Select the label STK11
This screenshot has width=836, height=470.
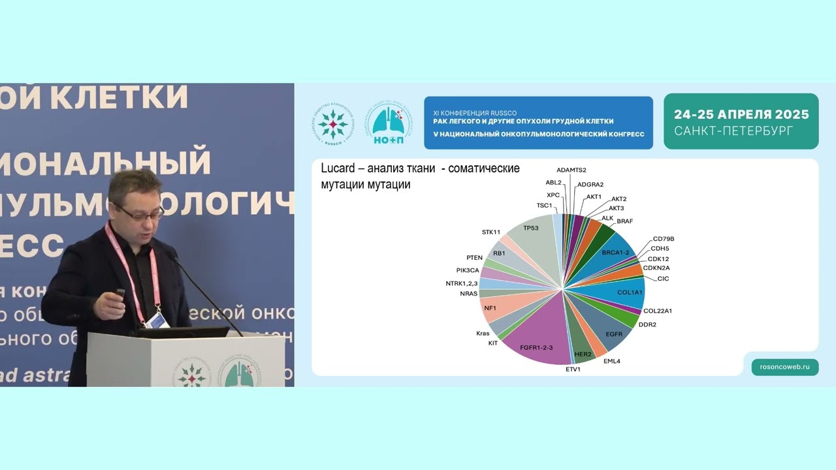pyautogui.click(x=490, y=232)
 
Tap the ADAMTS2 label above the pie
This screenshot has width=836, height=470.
pyautogui.click(x=571, y=170)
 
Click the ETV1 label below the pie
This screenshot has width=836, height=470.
pyautogui.click(x=573, y=369)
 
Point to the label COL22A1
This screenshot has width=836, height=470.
pyautogui.click(x=657, y=311)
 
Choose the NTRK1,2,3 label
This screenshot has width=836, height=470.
pyautogui.click(x=457, y=283)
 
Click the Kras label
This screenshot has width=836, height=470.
pyautogui.click(x=483, y=334)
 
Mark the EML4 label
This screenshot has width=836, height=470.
pyautogui.click(x=611, y=361)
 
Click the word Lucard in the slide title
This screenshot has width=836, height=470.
pyautogui.click(x=337, y=168)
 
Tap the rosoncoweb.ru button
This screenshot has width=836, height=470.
pyautogui.click(x=784, y=367)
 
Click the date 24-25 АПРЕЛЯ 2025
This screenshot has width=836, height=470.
pyautogui.click(x=741, y=115)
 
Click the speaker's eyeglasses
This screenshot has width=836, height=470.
pyautogui.click(x=139, y=213)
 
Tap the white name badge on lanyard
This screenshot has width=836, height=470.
pyautogui.click(x=157, y=320)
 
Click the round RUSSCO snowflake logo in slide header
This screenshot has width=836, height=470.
pyautogui.click(x=334, y=123)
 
